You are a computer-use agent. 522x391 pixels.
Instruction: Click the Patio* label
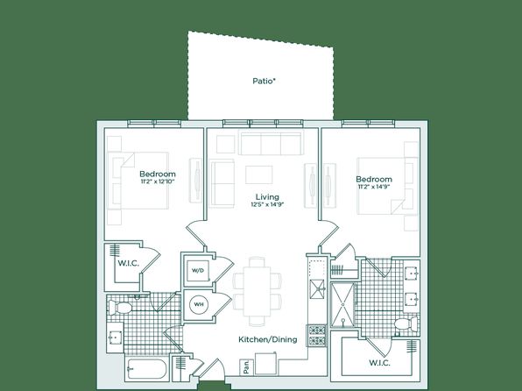pyautogui.click(x=265, y=81)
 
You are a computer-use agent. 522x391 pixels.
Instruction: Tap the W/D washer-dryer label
pyautogui.click(x=197, y=270)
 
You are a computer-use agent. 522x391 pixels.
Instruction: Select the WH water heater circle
pyautogui.click(x=199, y=304)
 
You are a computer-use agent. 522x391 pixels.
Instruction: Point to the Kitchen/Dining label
pyautogui.click(x=268, y=339)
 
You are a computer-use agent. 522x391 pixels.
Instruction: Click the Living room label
pyautogui.click(x=267, y=196)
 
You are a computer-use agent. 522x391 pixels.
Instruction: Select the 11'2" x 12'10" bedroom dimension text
pyautogui.click(x=158, y=181)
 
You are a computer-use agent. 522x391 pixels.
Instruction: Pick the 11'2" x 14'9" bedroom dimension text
pyautogui.click(x=374, y=187)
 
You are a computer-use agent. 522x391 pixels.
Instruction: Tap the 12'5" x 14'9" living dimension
pyautogui.click(x=267, y=204)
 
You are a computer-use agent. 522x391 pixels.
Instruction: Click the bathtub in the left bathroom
pyautogui.click(x=146, y=369)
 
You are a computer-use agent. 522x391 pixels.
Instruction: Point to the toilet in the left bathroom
pyautogui.click(x=120, y=308)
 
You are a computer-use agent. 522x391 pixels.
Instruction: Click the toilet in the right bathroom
pyautogui.click(x=406, y=324)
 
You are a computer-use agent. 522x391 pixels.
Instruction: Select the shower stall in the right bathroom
pyautogui.click(x=342, y=305)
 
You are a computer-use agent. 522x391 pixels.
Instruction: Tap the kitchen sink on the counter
pyautogui.click(x=317, y=289)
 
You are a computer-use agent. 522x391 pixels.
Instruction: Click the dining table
pyautogui.click(x=257, y=291)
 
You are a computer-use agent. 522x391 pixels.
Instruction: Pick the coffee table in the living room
pyautogui.click(x=259, y=174)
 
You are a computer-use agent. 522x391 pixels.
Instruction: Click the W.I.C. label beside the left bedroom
pyautogui.click(x=128, y=263)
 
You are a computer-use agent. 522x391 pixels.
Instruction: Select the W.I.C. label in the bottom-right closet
pyautogui.click(x=379, y=363)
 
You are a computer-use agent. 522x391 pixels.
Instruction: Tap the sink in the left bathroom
pyautogui.click(x=115, y=338)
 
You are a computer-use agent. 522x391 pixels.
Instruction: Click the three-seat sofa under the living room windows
pyautogui.click(x=272, y=144)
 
